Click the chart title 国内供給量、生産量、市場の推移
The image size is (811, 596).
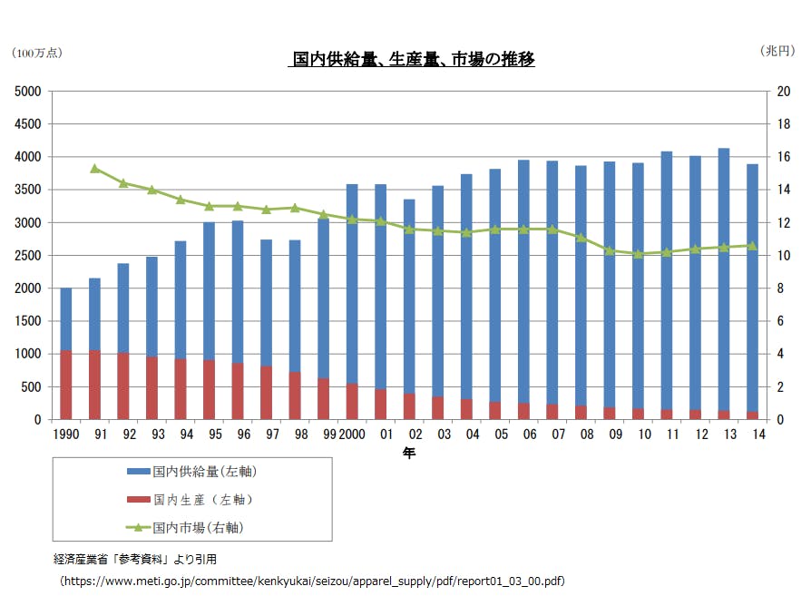[x=411, y=60]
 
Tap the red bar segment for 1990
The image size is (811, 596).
[x=66, y=385]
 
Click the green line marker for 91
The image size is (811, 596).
[x=94, y=169]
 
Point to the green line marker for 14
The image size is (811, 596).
[x=751, y=246]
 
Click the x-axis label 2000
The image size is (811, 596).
[x=354, y=435]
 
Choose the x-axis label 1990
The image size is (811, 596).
[x=65, y=435]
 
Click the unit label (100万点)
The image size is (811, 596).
[x=37, y=54]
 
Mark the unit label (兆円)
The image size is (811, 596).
[x=777, y=53]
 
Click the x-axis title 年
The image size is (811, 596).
[x=410, y=452]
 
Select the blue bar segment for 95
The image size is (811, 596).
[x=209, y=290]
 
